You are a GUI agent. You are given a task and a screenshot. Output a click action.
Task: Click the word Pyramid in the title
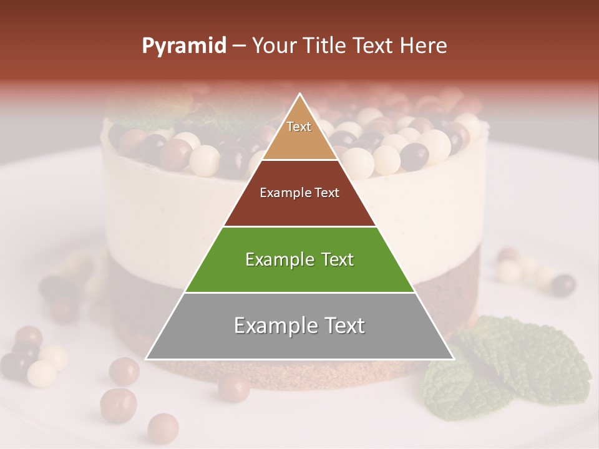tap(183, 46)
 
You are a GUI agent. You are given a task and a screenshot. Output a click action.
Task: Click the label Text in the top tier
tap(299, 127)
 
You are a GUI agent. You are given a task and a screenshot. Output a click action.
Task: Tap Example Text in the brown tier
tap(299, 193)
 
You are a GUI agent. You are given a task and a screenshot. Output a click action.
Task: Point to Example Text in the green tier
tap(299, 259)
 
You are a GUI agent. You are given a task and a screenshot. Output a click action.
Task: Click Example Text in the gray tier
tap(299, 326)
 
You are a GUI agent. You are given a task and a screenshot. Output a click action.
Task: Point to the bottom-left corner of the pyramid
tap(146, 359)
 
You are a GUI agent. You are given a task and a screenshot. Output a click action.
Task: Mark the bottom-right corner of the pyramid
tap(454, 359)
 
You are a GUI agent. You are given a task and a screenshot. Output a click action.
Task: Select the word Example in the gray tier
tap(273, 326)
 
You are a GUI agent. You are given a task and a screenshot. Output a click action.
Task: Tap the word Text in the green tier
tap(334, 259)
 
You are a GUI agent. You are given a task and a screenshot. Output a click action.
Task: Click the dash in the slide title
tap(238, 46)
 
